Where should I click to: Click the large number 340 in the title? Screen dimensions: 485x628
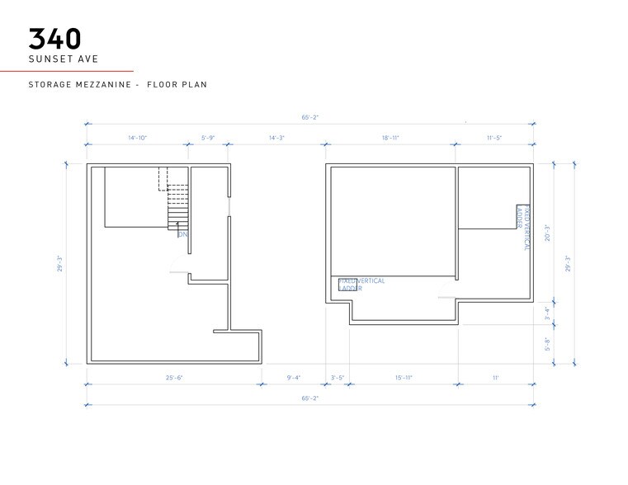(56, 39)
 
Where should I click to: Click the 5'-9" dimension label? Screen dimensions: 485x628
(208, 138)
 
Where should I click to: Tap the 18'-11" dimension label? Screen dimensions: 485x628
(390, 138)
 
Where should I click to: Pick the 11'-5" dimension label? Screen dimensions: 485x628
(493, 138)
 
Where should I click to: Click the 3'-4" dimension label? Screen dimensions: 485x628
(546, 313)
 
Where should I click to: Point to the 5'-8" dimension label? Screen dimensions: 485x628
(546, 344)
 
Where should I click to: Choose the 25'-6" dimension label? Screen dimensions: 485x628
(173, 378)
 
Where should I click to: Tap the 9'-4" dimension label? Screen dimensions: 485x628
(293, 378)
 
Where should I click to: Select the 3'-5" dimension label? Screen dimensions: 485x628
(338, 378)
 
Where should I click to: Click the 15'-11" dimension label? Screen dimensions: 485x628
(403, 378)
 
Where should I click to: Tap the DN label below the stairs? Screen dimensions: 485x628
(182, 234)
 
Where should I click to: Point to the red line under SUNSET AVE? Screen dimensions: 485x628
(66, 72)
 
